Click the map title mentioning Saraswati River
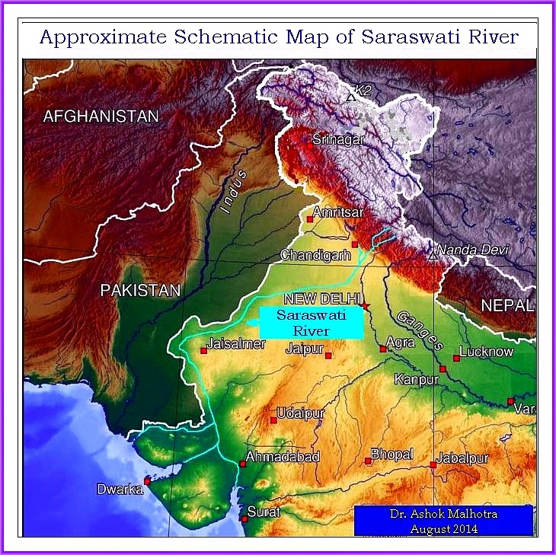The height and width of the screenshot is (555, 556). click(x=278, y=37)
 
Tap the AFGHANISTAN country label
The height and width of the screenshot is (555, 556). click(x=101, y=116)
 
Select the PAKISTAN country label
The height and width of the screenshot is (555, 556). click(x=141, y=290)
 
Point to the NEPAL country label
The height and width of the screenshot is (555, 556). click(x=506, y=305)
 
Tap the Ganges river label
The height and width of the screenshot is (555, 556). click(x=418, y=330)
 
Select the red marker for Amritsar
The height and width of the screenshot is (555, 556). click(x=309, y=219)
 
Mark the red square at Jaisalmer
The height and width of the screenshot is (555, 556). click(x=203, y=351)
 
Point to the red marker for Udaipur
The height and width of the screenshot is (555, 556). click(x=273, y=419)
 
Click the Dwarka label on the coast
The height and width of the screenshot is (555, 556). click(x=119, y=490)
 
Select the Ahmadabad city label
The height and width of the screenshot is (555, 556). click(x=276, y=457)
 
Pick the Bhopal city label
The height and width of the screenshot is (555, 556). click(x=391, y=455)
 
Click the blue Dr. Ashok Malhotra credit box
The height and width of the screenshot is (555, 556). click(x=443, y=522)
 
